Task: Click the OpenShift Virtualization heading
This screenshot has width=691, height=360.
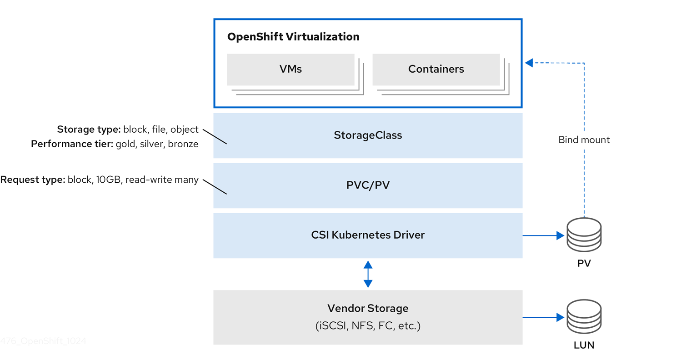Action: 293,37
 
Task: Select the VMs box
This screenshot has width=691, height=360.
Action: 290,69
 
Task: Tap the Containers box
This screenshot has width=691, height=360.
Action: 436,69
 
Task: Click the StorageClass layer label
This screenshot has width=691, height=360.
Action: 368,135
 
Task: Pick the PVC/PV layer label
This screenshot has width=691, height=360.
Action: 368,185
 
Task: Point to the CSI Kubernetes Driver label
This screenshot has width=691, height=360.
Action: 368,235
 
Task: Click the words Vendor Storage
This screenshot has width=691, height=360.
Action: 368,309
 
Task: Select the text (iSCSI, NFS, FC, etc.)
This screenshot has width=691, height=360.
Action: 368,326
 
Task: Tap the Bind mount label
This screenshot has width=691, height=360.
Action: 584,140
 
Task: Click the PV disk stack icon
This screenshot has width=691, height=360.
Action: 584,235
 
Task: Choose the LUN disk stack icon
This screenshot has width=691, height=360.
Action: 584,316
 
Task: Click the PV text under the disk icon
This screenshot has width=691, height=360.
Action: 584,264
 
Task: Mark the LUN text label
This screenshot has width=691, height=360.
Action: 584,345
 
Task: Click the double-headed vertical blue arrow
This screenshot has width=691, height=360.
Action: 368,274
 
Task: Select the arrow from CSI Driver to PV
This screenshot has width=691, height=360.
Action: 543,235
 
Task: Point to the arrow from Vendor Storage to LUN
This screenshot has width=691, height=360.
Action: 543,317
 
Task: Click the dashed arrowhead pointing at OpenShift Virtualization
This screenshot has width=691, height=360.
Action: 529,63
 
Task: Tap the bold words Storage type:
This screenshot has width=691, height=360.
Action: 89,130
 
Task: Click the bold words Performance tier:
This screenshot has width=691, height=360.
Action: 72,144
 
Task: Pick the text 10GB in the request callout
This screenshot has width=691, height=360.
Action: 108,180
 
